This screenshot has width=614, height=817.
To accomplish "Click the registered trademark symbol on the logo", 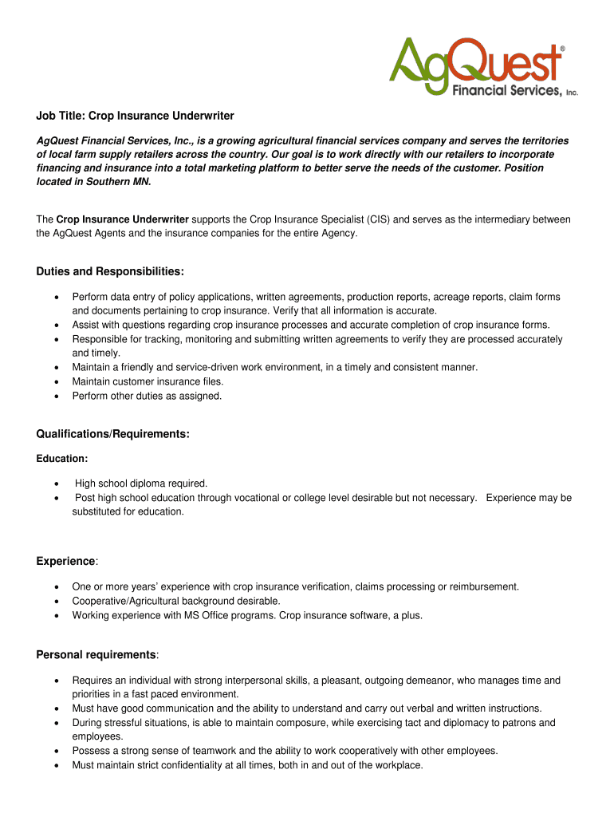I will pyautogui.click(x=564, y=49).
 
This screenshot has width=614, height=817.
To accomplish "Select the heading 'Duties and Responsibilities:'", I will pyautogui.click(x=110, y=272).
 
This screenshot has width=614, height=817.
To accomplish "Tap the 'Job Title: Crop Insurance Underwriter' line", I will pyautogui.click(x=135, y=116).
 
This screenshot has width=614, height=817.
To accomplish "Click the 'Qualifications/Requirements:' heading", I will pyautogui.click(x=112, y=434).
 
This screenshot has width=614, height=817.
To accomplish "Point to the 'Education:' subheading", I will pyautogui.click(x=62, y=459).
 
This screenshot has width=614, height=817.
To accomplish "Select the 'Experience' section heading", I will pyautogui.click(x=65, y=562).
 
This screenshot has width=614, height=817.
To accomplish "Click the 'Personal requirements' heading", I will pyautogui.click(x=96, y=655).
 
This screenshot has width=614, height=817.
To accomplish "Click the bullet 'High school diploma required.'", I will pyautogui.click(x=141, y=483).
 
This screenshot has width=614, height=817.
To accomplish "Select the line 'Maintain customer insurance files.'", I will pyautogui.click(x=148, y=381).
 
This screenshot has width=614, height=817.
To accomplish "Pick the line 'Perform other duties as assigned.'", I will pyautogui.click(x=147, y=396).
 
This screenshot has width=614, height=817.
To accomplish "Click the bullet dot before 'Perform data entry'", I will pyautogui.click(x=55, y=298).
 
